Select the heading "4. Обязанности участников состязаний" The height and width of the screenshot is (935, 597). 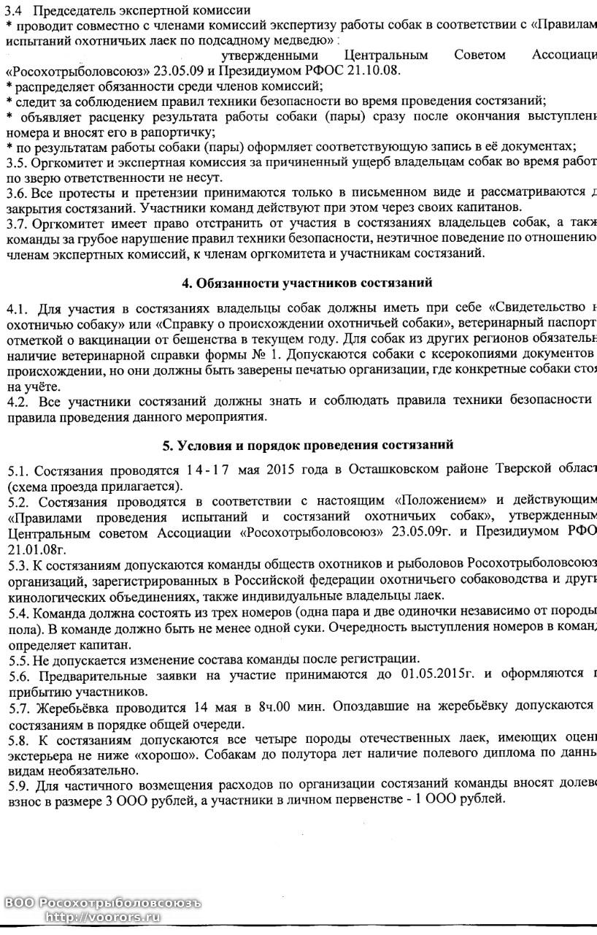[307, 282]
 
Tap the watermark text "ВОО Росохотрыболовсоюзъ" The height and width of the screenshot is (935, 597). [101, 903]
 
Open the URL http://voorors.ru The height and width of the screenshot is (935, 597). [102, 917]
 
